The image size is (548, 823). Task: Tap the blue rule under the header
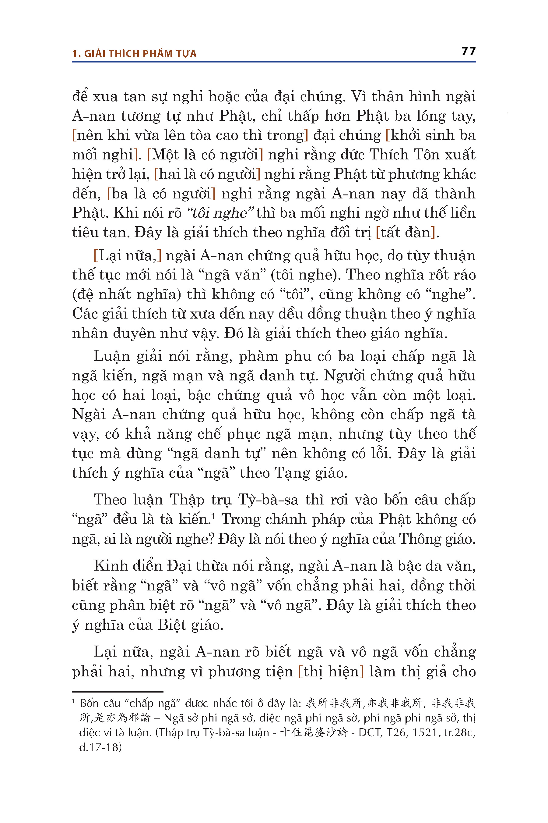tap(274, 62)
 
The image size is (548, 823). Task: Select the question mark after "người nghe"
tap(211, 539)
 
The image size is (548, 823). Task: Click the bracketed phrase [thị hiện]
tap(330, 672)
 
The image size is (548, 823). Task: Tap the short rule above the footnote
tap(118, 692)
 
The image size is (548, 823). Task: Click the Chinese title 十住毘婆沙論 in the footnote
tap(314, 732)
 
